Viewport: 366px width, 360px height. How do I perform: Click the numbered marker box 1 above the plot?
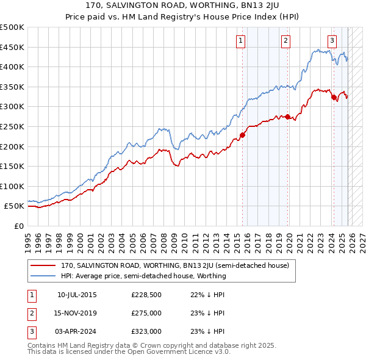pyautogui.click(x=241, y=41)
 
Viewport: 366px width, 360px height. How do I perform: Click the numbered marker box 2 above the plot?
pyautogui.click(x=285, y=41)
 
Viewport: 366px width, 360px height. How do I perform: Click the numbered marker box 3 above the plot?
pyautogui.click(x=332, y=41)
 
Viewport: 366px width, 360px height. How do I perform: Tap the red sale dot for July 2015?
pyautogui.click(x=242, y=135)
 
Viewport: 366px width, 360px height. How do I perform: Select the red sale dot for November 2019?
pyautogui.click(x=288, y=117)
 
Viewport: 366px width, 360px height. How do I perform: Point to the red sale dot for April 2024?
pyautogui.click(x=334, y=97)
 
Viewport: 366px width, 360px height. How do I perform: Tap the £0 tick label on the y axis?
pyautogui.click(x=18, y=226)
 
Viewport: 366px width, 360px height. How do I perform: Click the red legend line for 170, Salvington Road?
pyautogui.click(x=43, y=266)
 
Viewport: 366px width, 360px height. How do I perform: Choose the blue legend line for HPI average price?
pyautogui.click(x=43, y=276)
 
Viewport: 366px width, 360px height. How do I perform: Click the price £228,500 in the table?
pyautogui.click(x=146, y=295)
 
